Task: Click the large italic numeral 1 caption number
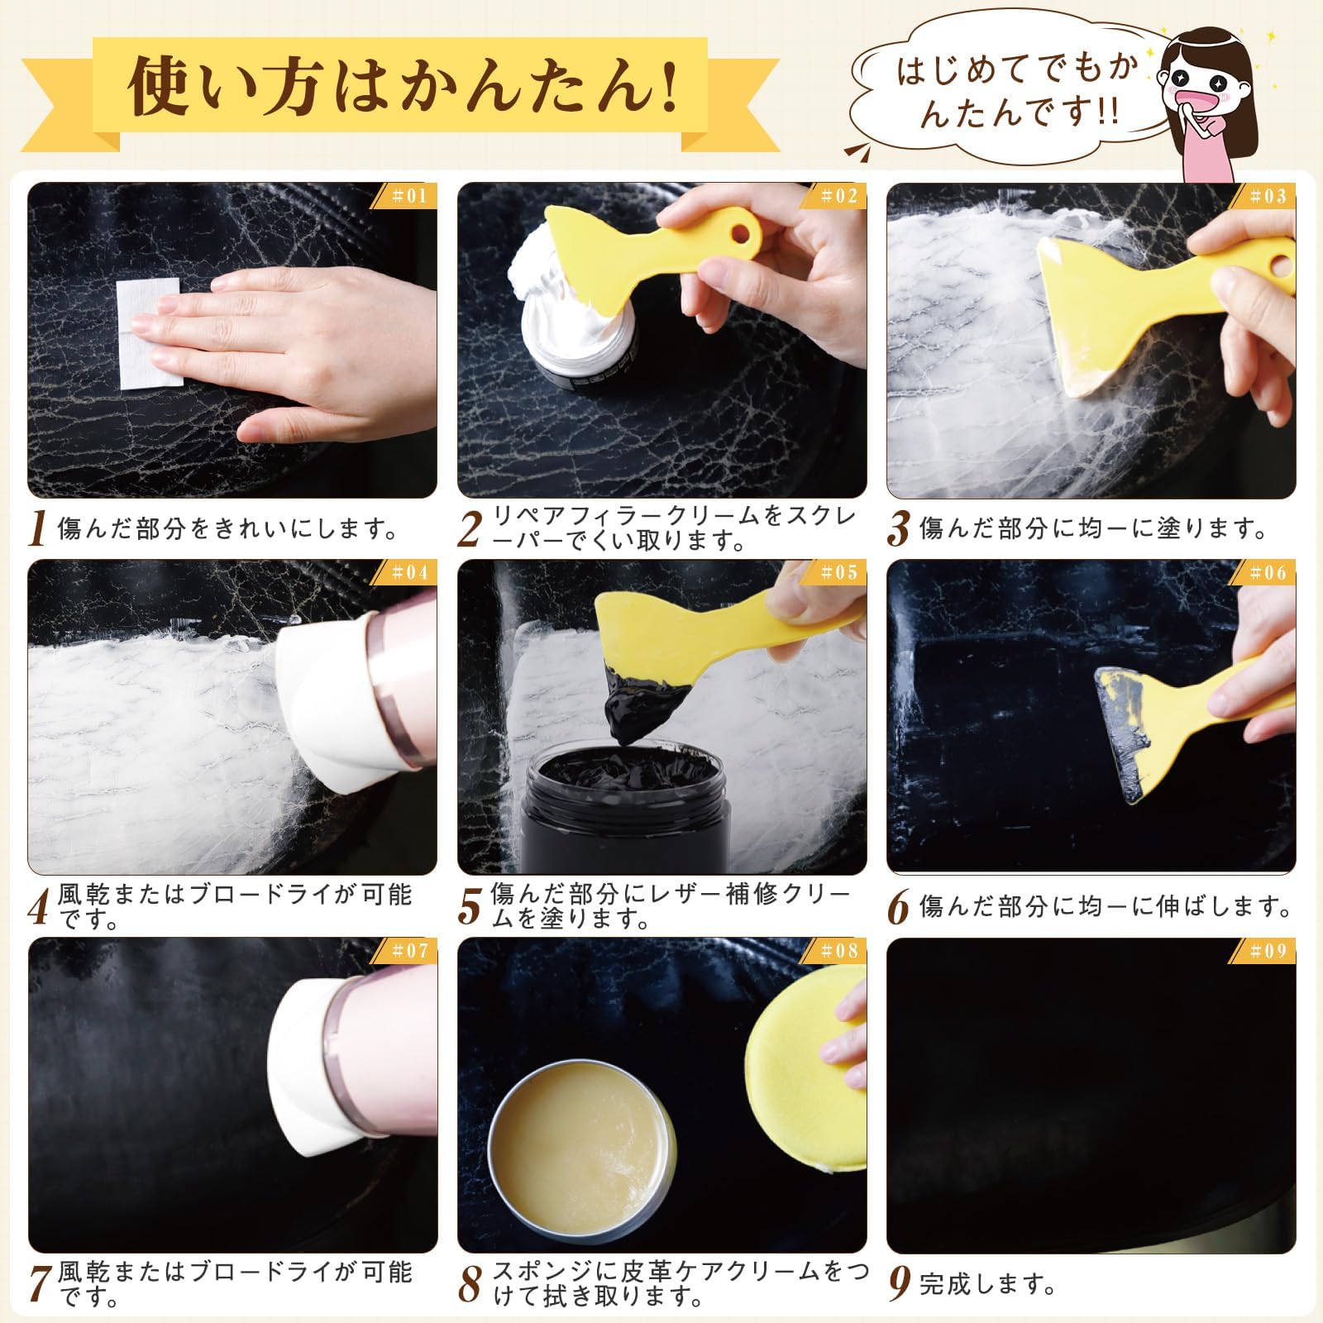tap(38, 529)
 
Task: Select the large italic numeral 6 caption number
tap(899, 907)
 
